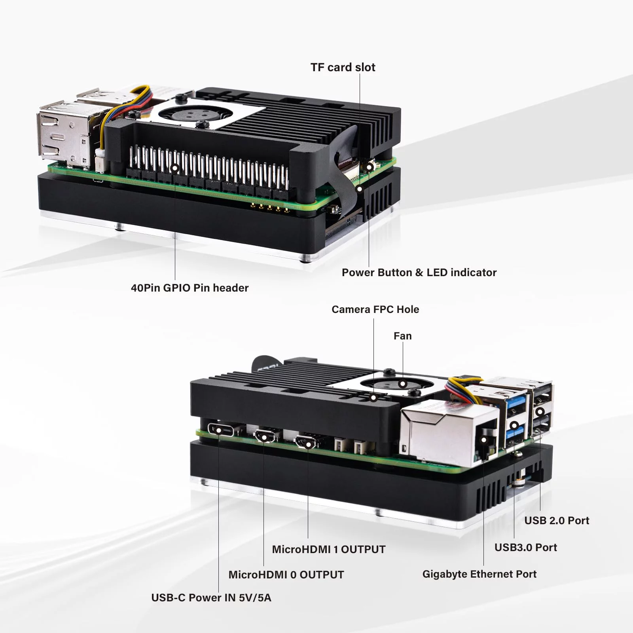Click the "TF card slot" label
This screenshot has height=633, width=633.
click(x=343, y=67)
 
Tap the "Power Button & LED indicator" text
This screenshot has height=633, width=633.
click(x=419, y=273)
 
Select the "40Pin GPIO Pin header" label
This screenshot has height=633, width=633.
click(x=190, y=288)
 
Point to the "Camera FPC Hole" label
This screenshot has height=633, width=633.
click(x=375, y=309)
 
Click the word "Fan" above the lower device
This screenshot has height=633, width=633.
click(x=402, y=336)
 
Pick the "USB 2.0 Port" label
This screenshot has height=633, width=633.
click(x=557, y=521)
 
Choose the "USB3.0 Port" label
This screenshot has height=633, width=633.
click(x=525, y=548)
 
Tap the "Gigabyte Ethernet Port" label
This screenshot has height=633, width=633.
click(x=479, y=574)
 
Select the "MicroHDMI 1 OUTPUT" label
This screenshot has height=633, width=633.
click(x=328, y=550)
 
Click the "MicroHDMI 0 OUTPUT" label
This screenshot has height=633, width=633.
click(x=286, y=575)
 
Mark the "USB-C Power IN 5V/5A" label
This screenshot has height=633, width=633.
click(x=211, y=598)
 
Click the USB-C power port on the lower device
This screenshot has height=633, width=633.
click(x=219, y=430)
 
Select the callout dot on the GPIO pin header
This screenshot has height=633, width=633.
click(x=174, y=168)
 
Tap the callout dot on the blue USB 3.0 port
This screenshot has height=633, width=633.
click(x=514, y=426)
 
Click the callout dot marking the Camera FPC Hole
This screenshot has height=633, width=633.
click(x=373, y=398)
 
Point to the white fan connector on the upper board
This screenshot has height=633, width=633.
click(x=100, y=162)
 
